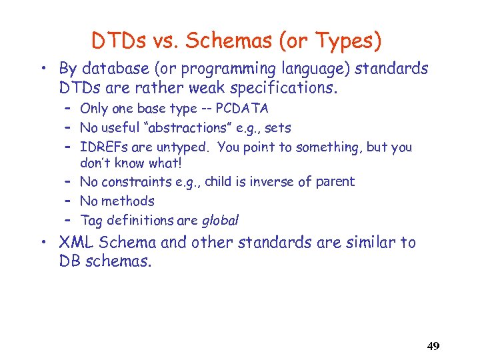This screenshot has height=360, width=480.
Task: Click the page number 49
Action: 433,346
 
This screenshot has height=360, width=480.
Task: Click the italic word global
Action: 220,220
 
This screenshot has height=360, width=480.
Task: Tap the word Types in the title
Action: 347,41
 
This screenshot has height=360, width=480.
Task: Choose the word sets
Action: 277,128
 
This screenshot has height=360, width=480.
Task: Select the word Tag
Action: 91,221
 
